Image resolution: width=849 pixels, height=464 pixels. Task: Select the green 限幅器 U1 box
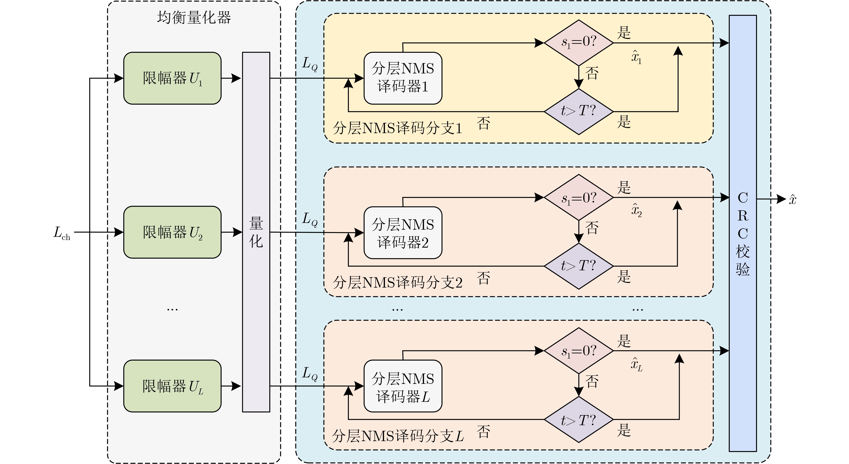[172, 78]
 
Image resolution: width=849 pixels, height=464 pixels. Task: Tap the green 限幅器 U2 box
[172, 232]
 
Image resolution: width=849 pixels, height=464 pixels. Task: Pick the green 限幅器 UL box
[172, 386]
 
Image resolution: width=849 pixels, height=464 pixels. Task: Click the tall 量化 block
[256, 232]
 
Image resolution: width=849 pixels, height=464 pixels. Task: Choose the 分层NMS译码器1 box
[403, 78]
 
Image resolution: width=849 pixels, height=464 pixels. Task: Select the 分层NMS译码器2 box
[403, 233]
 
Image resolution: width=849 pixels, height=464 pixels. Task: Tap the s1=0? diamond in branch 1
[579, 43]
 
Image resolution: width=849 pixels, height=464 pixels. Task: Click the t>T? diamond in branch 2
[579, 266]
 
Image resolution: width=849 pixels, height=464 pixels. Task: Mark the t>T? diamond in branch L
[579, 420]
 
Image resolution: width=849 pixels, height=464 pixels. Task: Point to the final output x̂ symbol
[793, 200]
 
